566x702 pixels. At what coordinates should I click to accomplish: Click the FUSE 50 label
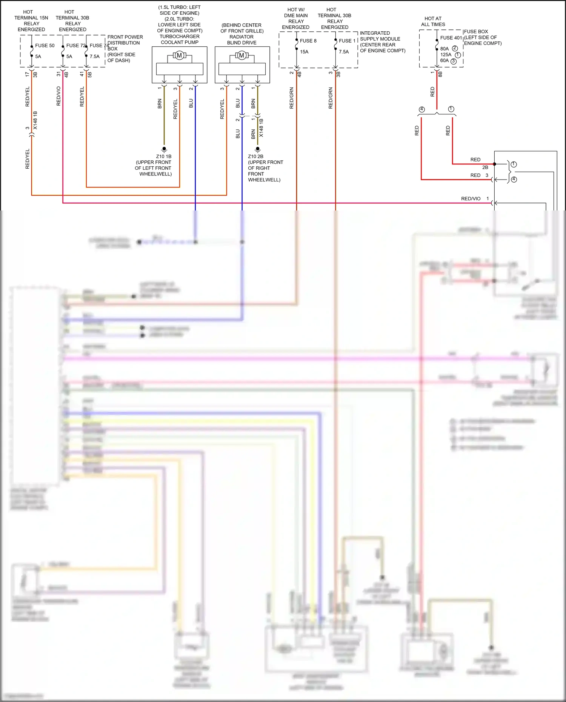pos(45,46)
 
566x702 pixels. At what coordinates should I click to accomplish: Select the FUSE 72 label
pos(75,46)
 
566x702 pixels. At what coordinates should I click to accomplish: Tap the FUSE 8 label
pos(308,41)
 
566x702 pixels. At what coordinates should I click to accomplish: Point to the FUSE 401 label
pos(451,38)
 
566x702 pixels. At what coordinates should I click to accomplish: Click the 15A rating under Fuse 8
pos(304,52)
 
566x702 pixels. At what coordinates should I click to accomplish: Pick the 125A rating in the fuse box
pos(446,55)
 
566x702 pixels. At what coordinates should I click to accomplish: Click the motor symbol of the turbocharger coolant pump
pos(179,55)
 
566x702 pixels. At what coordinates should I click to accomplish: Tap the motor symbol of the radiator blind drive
pos(241,55)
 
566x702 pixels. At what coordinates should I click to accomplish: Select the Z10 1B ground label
pos(164,157)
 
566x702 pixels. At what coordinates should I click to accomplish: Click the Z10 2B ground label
pos(255,157)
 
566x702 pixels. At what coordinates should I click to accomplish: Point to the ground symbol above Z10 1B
pos(164,149)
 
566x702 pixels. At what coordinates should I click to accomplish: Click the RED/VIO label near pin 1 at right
pos(471,199)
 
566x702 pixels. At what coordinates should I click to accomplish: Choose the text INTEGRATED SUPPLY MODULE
pos(380,36)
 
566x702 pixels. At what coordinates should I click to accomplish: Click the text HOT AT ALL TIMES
pos(433,22)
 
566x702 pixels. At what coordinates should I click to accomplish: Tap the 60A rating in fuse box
pos(444,61)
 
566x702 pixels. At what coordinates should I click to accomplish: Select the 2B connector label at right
pos(485,167)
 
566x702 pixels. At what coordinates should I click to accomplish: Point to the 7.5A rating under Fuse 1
pos(343,52)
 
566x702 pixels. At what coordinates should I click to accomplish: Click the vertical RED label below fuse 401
pos(432,92)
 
